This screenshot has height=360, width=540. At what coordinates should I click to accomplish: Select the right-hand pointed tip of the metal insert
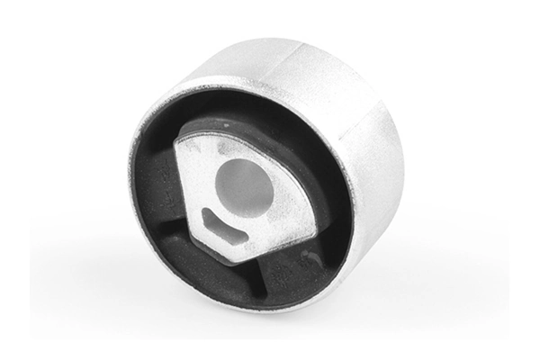314,220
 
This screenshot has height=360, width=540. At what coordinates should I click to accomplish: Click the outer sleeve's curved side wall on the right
378,180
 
